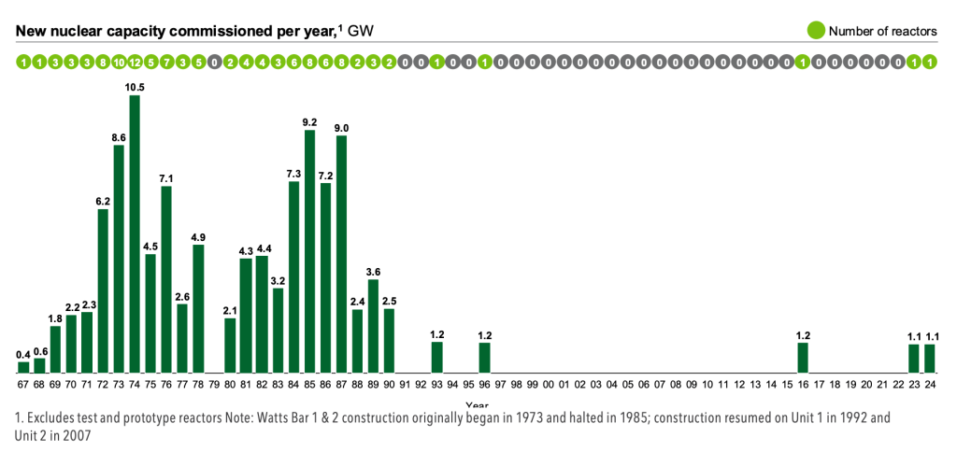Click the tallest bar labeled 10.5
click(135, 233)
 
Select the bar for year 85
click(309, 251)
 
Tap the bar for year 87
click(341, 254)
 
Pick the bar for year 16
click(803, 358)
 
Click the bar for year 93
click(436, 358)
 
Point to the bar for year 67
click(23, 367)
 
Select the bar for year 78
click(198, 308)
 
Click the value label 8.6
click(119, 137)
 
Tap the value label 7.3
click(293, 174)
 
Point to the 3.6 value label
click(373, 272)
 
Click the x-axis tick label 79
click(214, 384)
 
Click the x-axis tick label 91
click(405, 384)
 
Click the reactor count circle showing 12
click(135, 63)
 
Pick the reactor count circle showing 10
click(119, 63)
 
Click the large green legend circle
click(815, 31)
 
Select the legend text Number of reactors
click(882, 31)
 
